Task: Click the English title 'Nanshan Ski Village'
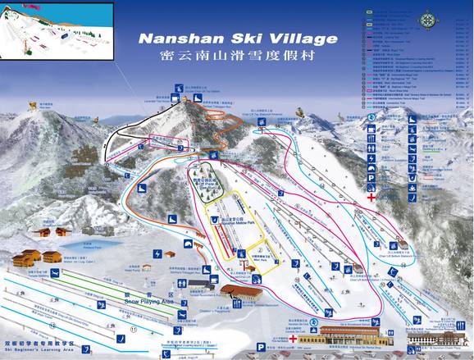237,39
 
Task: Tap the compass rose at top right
429,21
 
